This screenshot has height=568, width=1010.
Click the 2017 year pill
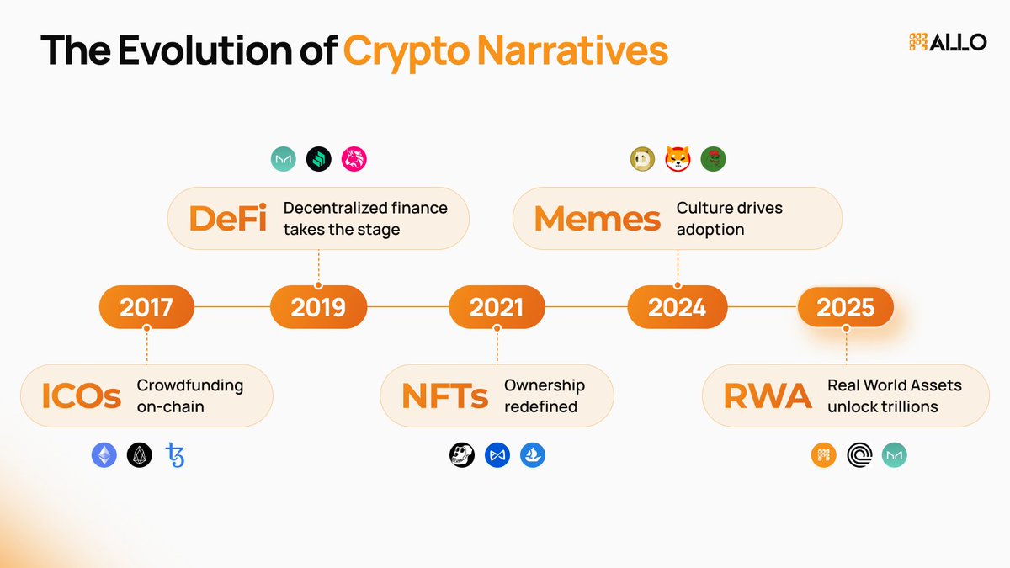coord(146,308)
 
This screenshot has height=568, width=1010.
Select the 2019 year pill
coord(318,308)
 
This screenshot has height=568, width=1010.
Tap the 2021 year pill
coord(497,308)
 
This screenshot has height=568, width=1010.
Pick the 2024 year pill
coord(677,308)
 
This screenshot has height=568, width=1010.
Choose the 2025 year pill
coord(846,308)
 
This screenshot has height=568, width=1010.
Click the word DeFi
coord(227,218)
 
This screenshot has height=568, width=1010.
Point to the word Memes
coord(597,218)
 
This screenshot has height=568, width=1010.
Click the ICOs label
coord(82,395)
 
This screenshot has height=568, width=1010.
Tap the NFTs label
coord(444,395)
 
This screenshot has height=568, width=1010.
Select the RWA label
coord(768,395)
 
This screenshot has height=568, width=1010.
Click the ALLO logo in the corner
coord(948,42)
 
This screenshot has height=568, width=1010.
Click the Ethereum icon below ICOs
coord(104,455)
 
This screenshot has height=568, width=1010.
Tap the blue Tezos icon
coord(175,455)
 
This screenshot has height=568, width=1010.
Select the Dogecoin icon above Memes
coord(642,159)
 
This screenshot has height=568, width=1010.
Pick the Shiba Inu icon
coord(678,159)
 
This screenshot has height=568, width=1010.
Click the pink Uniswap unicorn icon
coord(354,159)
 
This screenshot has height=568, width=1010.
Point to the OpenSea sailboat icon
coord(533,455)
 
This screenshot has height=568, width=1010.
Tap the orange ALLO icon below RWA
coord(824,455)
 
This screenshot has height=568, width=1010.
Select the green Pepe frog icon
coord(713,159)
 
